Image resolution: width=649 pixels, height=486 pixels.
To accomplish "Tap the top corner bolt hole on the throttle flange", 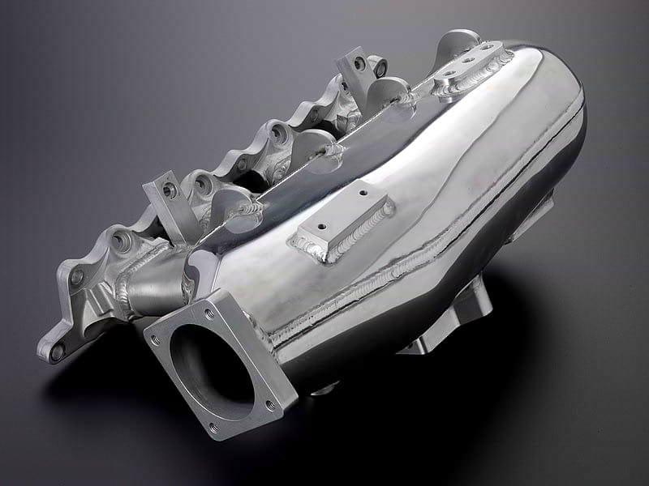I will click(x=208, y=313).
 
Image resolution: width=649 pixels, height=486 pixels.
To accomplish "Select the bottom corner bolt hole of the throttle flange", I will click(x=213, y=427).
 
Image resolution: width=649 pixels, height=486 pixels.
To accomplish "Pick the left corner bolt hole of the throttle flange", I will click(x=155, y=341).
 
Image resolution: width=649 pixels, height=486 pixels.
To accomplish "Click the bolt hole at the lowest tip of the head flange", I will click(x=57, y=352).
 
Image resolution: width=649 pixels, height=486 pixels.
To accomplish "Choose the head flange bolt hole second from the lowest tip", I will click(x=76, y=276).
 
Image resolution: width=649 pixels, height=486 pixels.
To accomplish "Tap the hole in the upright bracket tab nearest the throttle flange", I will click(x=169, y=191).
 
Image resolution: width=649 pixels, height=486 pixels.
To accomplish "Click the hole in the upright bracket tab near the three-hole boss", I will click(x=359, y=62).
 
